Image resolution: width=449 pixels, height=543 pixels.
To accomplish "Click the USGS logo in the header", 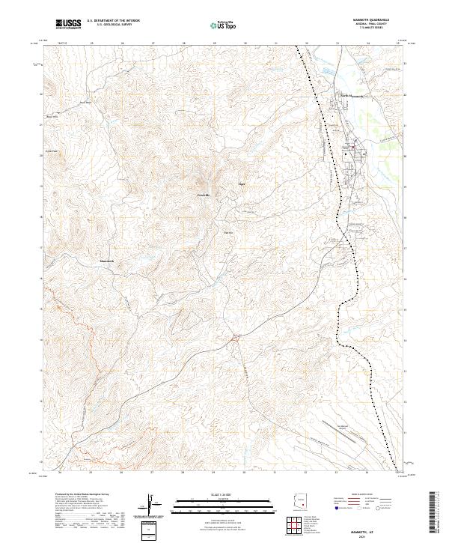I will point(67,24).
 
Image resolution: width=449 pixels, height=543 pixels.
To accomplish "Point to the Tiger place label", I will point(241,183).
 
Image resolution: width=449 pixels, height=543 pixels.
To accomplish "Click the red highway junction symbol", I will point(235,339).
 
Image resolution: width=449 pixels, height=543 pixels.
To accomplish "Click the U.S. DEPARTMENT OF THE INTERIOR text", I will point(113,20).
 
